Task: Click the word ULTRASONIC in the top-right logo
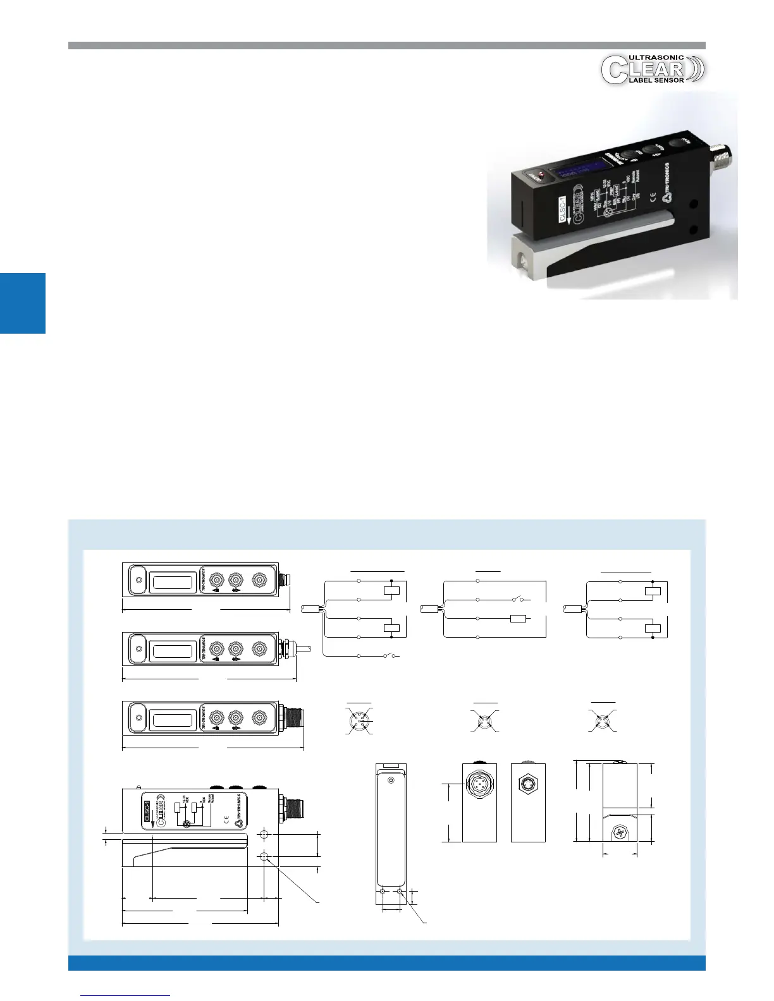tap(656, 58)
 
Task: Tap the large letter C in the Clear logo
tap(612, 70)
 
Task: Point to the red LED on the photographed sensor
tap(541, 173)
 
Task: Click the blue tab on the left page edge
tap(23, 303)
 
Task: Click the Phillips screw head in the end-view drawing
tap(620, 833)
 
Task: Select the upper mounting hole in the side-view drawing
tap(264, 835)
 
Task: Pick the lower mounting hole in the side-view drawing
tap(264, 857)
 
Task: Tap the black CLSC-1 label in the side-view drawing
tap(147, 810)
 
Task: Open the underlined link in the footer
tap(126, 995)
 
